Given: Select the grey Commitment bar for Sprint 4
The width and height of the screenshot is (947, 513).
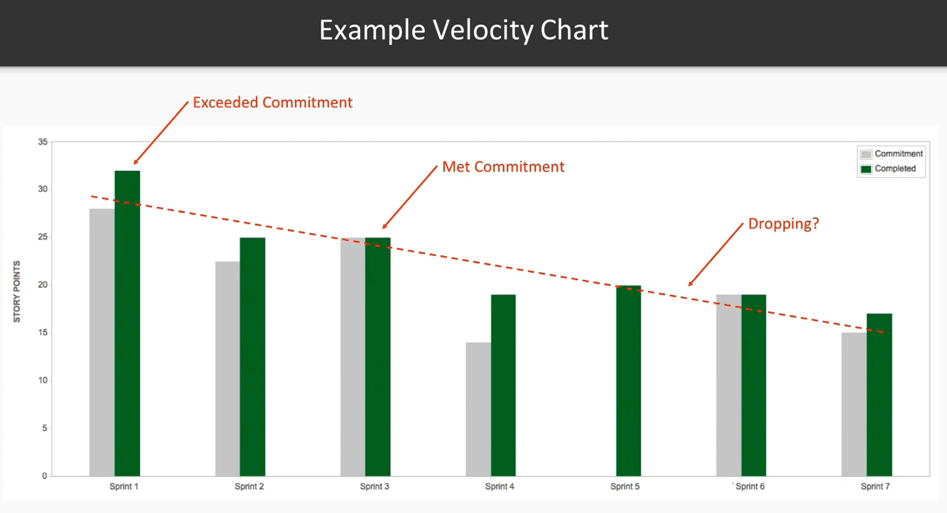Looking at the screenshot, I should click(x=478, y=409).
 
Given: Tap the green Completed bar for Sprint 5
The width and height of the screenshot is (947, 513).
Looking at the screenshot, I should click(x=628, y=380).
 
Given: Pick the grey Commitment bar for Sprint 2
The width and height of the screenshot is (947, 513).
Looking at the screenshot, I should click(x=227, y=368).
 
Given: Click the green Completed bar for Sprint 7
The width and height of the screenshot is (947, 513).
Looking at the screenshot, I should click(x=879, y=394).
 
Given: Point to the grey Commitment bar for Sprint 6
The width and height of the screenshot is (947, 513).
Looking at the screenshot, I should click(x=729, y=385).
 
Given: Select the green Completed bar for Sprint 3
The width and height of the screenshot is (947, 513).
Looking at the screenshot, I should click(x=377, y=356).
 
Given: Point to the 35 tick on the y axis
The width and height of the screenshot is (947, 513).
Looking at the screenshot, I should click(x=43, y=142).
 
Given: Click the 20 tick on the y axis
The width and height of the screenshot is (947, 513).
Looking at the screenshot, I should click(x=43, y=285).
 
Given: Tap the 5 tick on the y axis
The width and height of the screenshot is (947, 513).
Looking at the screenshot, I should click(x=44, y=428).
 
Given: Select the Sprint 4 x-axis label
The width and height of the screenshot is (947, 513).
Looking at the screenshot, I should click(x=500, y=487).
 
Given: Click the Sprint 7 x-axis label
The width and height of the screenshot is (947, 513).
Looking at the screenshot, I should click(x=875, y=487).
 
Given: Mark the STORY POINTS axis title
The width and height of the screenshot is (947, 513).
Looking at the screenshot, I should click(x=17, y=292).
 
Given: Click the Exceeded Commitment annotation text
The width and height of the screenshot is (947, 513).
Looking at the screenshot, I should click(x=272, y=103).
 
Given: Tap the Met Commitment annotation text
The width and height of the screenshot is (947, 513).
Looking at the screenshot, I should click(x=503, y=167).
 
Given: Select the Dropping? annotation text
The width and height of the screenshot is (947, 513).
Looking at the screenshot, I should click(x=783, y=224).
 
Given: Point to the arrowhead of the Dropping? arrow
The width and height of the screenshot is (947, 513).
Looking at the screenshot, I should click(x=690, y=285).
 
